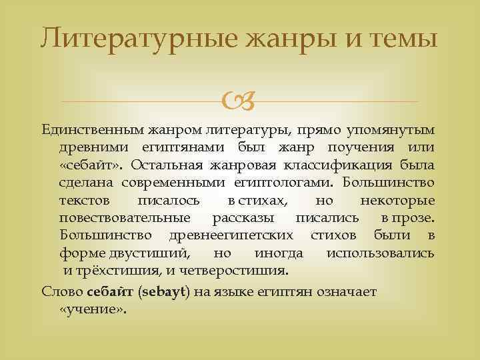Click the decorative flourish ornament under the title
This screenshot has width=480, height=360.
click(x=240, y=101)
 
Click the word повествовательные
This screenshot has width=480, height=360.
click(x=125, y=218)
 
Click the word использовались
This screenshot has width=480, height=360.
click(x=381, y=253)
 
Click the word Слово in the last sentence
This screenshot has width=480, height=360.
click(x=62, y=291)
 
